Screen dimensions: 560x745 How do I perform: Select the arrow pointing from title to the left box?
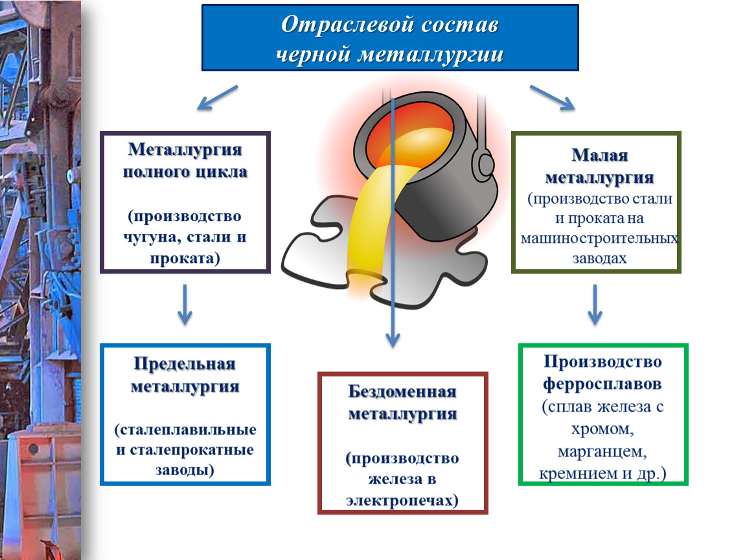click(217, 97)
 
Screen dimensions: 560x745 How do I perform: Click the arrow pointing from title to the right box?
click(552, 97)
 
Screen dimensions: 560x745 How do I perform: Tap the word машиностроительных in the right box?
click(599, 239)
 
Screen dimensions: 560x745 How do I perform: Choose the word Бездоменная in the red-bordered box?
click(402, 391)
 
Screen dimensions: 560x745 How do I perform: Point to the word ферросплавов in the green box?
click(602, 384)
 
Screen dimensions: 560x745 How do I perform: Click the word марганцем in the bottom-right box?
click(601, 450)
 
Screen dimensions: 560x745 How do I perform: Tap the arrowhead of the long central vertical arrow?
click(393, 338)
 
